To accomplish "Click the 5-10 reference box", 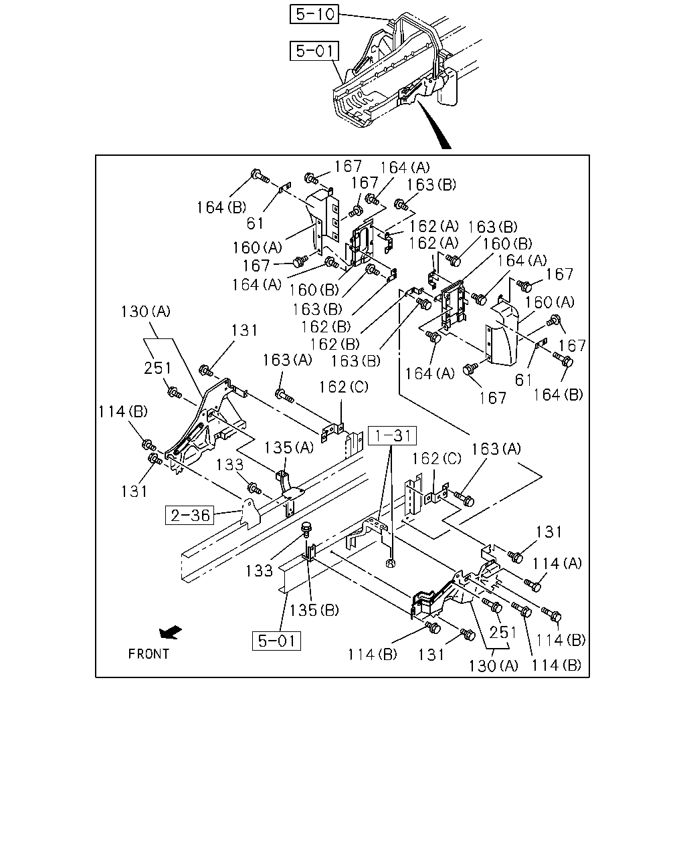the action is [x=314, y=14].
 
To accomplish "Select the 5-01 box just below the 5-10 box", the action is [x=314, y=51].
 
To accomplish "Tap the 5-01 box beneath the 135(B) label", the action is [x=276, y=641].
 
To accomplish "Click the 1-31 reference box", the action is [x=392, y=435].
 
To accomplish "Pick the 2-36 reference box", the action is [x=189, y=515].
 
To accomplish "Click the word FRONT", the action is [x=149, y=654].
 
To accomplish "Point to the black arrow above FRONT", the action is [x=171, y=633].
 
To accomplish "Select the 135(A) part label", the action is [x=289, y=448].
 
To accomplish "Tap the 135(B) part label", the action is [x=314, y=611].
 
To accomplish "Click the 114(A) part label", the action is [x=557, y=564].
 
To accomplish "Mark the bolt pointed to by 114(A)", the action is [x=532, y=585].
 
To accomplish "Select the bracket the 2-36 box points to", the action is [x=250, y=514].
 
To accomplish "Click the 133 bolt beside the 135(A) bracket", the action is [x=254, y=488].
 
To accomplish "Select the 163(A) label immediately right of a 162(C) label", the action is [x=496, y=449].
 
